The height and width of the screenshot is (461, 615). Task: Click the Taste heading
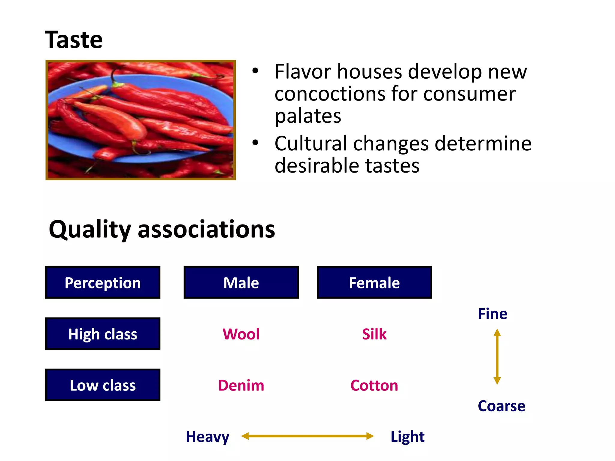pos(74,40)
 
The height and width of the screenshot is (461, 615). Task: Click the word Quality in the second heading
pos(89,230)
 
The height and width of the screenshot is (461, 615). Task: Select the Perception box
pos(103,283)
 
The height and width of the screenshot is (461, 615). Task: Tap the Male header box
pos(241,283)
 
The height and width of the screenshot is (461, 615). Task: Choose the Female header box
pos(374,283)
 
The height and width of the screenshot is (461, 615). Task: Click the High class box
pos(103,334)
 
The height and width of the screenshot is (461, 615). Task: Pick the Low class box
pos(103,385)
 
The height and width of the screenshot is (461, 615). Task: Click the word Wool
pos(241,334)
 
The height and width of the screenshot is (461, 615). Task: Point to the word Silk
pos(374,334)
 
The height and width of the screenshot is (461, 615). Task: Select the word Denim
pos(241,385)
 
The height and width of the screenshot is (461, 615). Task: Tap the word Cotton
pos(374,385)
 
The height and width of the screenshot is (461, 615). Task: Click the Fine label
pos(492,314)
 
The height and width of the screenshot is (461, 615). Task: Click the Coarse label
pos(501,406)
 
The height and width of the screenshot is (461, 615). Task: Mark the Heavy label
pos(207,437)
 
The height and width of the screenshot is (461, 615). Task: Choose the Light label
pos(407,437)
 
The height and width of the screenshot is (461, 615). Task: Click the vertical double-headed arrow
pos(497,357)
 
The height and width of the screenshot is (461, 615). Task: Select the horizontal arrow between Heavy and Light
pos(307,436)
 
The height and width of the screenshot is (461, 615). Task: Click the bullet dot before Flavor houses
pos(255,71)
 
